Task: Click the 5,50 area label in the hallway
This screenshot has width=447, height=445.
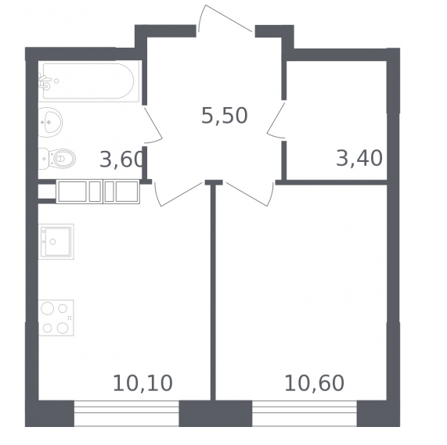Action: click(x=225, y=116)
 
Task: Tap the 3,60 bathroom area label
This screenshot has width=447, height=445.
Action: click(x=121, y=160)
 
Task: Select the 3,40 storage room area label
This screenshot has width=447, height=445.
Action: click(x=359, y=158)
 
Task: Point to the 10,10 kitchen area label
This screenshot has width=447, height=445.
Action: click(x=142, y=383)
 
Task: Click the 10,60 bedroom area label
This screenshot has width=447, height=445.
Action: click(x=314, y=383)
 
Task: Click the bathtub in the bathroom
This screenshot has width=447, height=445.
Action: click(x=89, y=81)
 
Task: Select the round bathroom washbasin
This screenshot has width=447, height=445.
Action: click(x=50, y=123)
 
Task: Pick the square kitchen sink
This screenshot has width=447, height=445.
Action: click(x=56, y=242)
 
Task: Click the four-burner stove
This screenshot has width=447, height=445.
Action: click(x=56, y=318)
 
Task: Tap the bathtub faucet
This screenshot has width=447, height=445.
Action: click(x=45, y=81)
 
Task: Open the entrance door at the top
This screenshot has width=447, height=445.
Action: click(x=225, y=18)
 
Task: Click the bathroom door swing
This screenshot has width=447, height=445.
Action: click(x=153, y=124)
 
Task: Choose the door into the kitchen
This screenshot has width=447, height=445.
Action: click(x=179, y=194)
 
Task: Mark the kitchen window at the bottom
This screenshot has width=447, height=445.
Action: click(x=127, y=413)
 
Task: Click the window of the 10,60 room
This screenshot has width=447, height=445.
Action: click(x=305, y=413)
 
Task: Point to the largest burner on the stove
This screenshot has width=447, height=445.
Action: click(x=47, y=309)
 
